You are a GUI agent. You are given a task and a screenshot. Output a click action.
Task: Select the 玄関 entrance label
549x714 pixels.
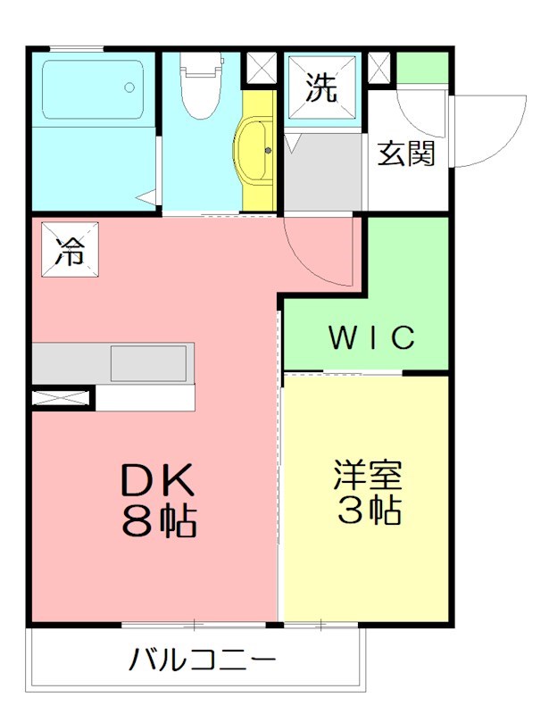[x=406, y=154]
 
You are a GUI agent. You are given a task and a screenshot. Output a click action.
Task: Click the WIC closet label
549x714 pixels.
[x=372, y=338]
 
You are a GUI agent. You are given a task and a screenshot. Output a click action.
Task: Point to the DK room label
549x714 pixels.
[x=157, y=483]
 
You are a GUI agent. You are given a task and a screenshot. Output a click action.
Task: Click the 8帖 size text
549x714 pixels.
[x=159, y=520]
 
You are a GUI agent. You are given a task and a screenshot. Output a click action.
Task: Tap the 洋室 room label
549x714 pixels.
[x=369, y=474]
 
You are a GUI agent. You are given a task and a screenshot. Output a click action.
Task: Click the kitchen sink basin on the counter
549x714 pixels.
[x=148, y=363]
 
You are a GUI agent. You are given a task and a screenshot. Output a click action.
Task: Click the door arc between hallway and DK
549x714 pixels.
[x=314, y=254]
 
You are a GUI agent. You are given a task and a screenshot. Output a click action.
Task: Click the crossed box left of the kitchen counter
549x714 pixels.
[x=62, y=398]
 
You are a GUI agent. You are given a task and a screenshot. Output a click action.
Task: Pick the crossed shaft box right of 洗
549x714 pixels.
[x=378, y=68]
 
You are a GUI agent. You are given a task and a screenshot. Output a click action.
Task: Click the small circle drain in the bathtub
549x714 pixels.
[x=130, y=87]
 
